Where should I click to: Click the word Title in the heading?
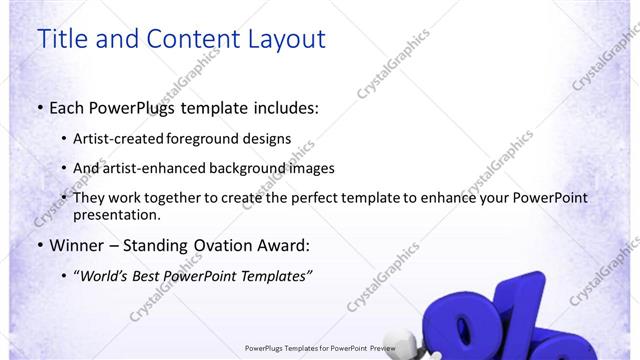(60, 39)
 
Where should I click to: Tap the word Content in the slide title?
(186, 39)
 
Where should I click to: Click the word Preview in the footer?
(378, 348)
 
